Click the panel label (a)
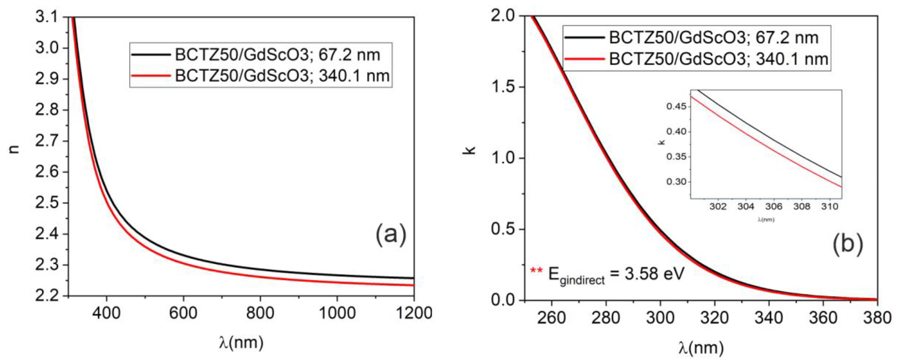pos(391,234)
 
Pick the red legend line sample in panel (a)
pos(151,75)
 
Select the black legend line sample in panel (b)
pos(584,37)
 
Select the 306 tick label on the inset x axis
pos(774,207)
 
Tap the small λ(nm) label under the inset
pos(766,220)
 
